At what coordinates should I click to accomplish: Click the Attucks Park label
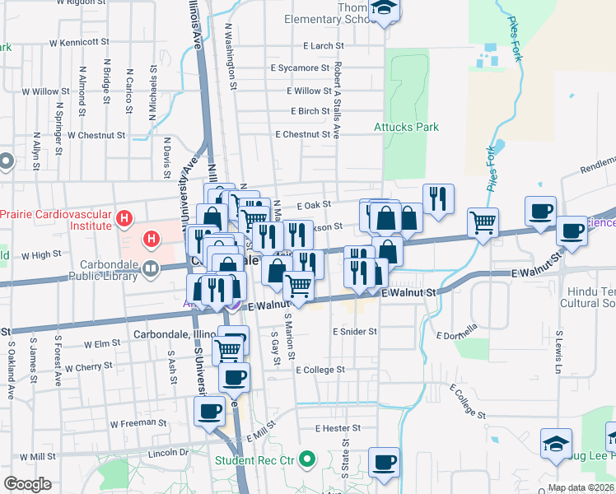coord(406,127)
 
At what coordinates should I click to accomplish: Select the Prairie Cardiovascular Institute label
coord(55,218)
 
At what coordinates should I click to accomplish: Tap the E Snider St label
coord(354,331)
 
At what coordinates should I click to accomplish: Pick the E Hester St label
coord(337,428)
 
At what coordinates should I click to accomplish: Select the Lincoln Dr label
coord(169,453)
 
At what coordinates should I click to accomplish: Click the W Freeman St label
coord(138,422)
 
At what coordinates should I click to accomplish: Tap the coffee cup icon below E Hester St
coord(384,462)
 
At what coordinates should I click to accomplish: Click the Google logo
coord(27,484)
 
